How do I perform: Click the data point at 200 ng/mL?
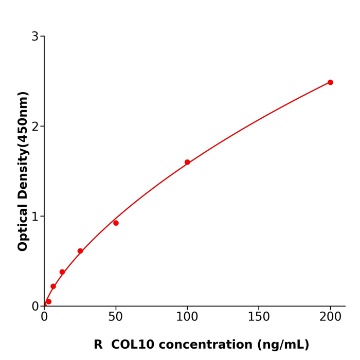[330, 82]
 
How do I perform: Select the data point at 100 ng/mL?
[187, 162]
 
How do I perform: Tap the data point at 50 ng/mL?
[116, 223]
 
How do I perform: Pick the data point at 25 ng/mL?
[80, 251]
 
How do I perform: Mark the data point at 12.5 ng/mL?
[62, 272]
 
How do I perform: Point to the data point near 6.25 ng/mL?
[53, 286]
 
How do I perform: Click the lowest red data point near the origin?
[48, 302]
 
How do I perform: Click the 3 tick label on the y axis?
[35, 37]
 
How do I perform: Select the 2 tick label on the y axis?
[35, 127]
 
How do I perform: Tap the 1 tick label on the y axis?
[35, 217]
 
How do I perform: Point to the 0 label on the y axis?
[35, 307]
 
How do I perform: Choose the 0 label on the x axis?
[44, 317]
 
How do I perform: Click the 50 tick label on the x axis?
[116, 317]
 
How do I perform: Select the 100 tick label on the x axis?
[187, 317]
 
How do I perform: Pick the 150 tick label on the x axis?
[259, 317]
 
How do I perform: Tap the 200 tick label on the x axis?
[330, 317]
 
